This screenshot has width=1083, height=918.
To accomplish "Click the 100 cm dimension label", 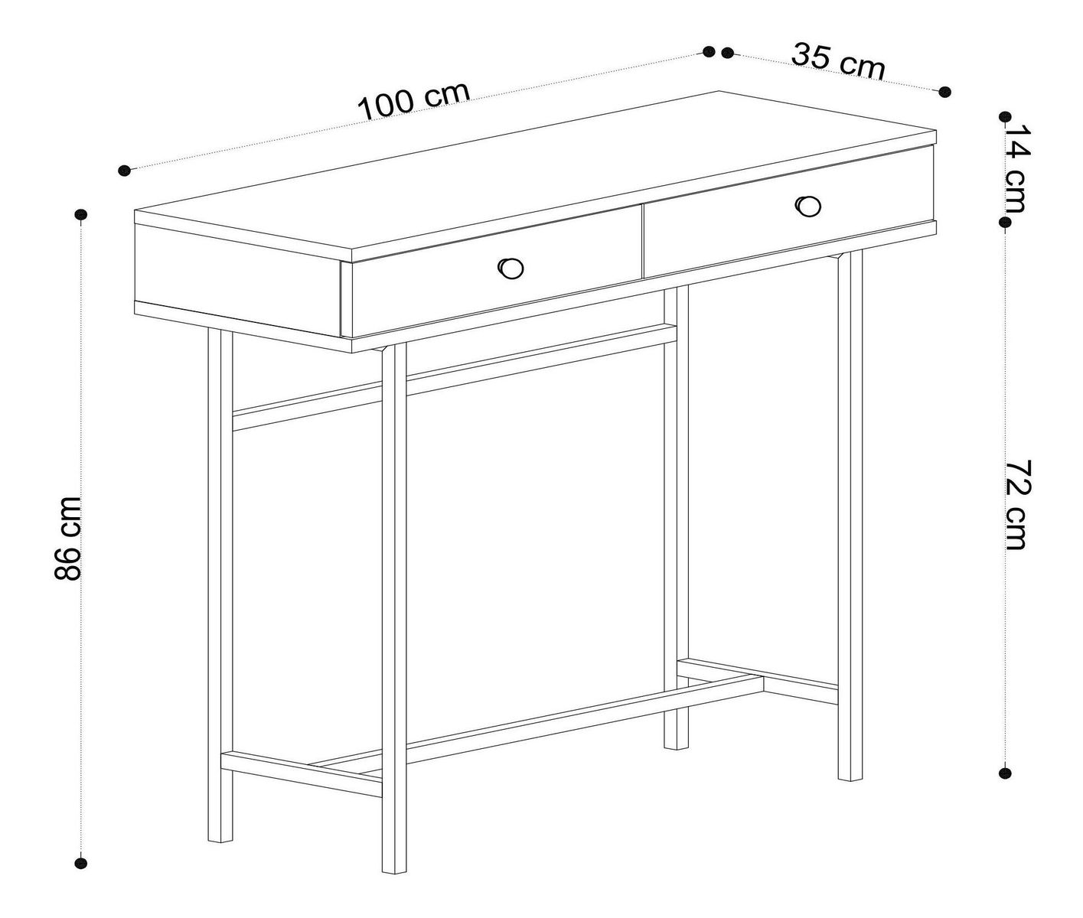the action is tap(413, 102).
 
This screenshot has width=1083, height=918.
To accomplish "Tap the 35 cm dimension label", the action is tap(838, 62).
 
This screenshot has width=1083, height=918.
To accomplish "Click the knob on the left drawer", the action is tap(510, 268).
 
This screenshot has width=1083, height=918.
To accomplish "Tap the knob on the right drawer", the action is tap(808, 205).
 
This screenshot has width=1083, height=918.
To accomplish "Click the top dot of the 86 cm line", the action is tap(80, 214).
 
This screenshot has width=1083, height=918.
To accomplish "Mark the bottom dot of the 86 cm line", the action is tap(80, 863).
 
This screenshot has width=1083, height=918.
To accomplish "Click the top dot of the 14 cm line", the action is tap(1005, 117).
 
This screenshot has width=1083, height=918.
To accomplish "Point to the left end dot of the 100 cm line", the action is tap(124, 170).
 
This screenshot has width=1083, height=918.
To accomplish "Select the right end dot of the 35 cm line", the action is tap(944, 92).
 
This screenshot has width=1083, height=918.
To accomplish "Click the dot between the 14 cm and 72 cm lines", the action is tap(1005, 223).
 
